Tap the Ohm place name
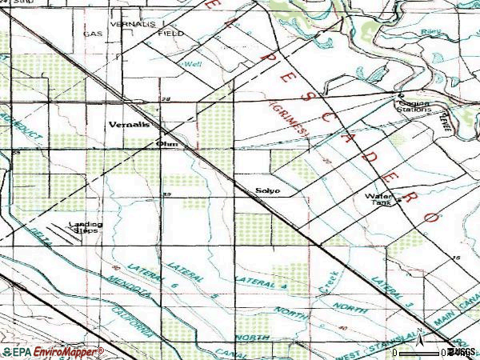[166, 144]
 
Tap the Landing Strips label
[86, 226]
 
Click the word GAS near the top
[94, 34]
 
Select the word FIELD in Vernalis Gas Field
[170, 34]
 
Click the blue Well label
[192, 62]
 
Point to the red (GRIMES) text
[290, 122]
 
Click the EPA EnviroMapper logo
[53, 352]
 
